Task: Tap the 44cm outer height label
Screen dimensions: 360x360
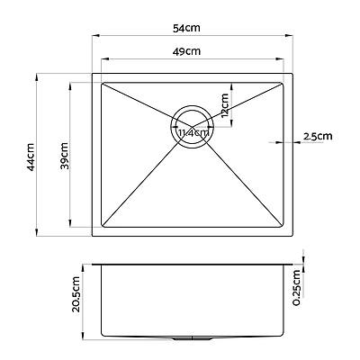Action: (x=31, y=156)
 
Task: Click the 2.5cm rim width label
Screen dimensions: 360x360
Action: (x=318, y=137)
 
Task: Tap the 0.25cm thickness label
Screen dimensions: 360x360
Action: (x=298, y=289)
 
